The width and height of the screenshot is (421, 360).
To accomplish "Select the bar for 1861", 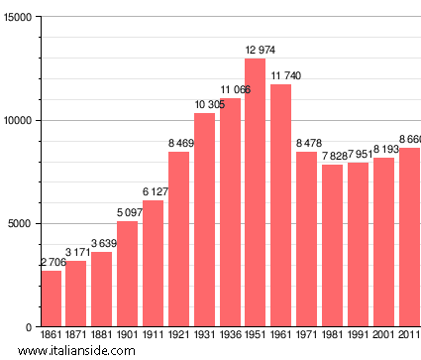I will [51, 299].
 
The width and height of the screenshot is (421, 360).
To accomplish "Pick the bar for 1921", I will [178, 239].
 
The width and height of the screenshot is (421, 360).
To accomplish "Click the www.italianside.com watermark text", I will [78, 350].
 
